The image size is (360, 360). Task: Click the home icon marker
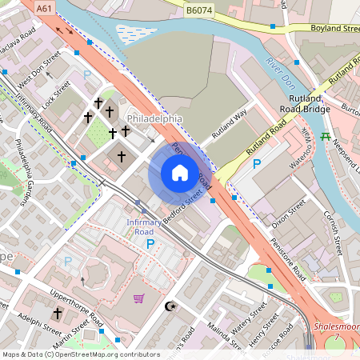pos(179,173)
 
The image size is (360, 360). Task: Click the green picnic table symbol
pos(325,136)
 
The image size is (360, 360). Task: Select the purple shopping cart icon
pos(139,299)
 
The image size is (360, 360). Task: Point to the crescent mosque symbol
pos(168,306)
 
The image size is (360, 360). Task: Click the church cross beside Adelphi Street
pos(57,312)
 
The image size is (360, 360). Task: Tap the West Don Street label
pos(40,71)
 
